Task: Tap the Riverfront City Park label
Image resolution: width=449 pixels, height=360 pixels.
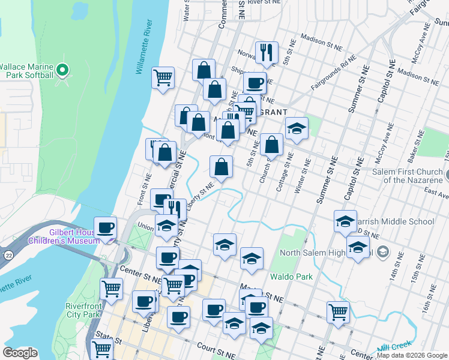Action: (82, 310)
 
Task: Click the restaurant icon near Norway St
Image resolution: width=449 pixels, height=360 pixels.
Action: (266, 53)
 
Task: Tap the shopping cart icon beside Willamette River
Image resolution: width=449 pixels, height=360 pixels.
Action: (163, 77)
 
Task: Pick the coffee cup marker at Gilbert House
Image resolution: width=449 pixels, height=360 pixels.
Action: (106, 228)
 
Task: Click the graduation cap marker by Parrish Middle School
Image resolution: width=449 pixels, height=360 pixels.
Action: (345, 221)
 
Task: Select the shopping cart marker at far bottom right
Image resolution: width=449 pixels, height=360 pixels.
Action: (339, 311)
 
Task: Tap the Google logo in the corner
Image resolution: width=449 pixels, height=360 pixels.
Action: (20, 353)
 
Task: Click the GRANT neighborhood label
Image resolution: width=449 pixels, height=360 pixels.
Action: (272, 112)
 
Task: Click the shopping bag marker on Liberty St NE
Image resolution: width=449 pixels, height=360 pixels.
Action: (221, 166)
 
